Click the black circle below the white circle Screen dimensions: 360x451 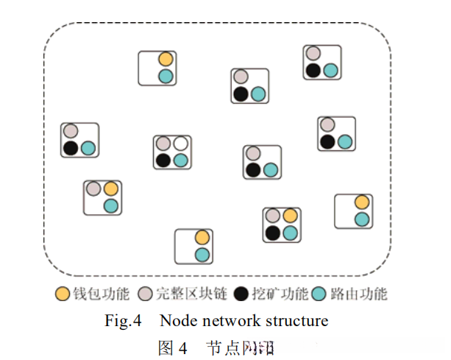[x=163, y=160]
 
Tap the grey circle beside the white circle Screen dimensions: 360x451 [x=163, y=143]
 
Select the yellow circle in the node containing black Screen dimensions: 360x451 [x=290, y=216]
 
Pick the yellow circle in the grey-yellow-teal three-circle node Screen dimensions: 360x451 [x=111, y=188]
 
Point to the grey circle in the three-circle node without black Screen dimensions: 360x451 [x=93, y=188]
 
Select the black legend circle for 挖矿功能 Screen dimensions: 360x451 [x=241, y=294]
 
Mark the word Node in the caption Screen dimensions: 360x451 [x=178, y=321]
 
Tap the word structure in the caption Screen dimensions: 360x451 [x=295, y=321]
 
